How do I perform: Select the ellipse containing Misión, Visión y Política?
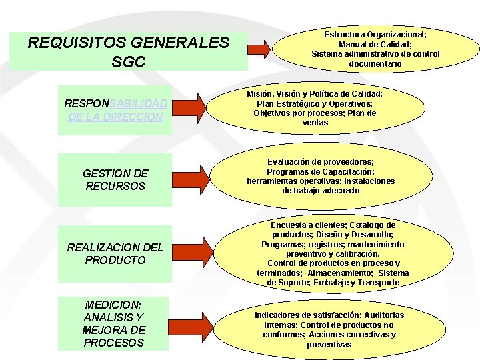(315, 109)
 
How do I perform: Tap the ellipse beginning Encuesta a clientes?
(333, 254)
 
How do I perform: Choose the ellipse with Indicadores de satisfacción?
(329, 329)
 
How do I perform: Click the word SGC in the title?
(129, 63)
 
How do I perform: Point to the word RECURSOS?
(115, 186)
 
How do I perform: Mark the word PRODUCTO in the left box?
(115, 260)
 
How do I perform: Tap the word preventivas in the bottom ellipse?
(329, 345)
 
